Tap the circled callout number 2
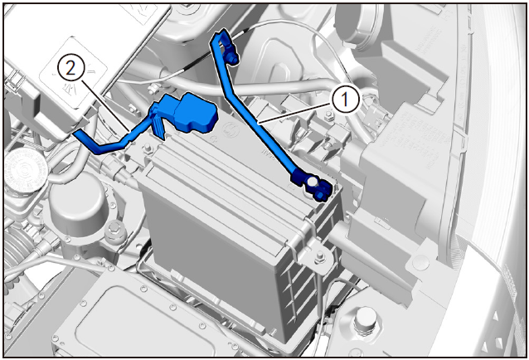click(70, 69)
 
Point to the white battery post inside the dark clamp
click(312, 182)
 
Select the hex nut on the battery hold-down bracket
click(319, 257)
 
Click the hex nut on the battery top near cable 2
click(147, 148)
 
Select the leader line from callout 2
click(105, 105)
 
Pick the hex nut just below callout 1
click(328, 116)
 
